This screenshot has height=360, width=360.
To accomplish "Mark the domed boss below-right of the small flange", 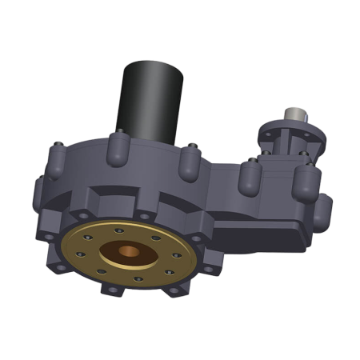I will click(306, 182).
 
